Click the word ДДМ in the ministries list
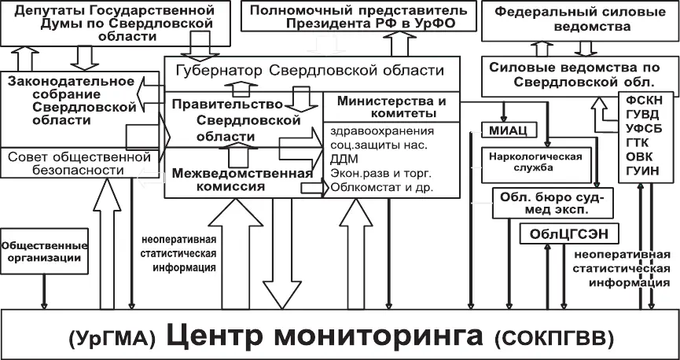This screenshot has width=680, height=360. (344, 159)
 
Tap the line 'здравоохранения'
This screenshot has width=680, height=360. (382, 130)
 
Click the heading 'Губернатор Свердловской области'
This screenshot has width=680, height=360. (310, 72)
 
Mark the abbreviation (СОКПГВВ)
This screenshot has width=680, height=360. (553, 339)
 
